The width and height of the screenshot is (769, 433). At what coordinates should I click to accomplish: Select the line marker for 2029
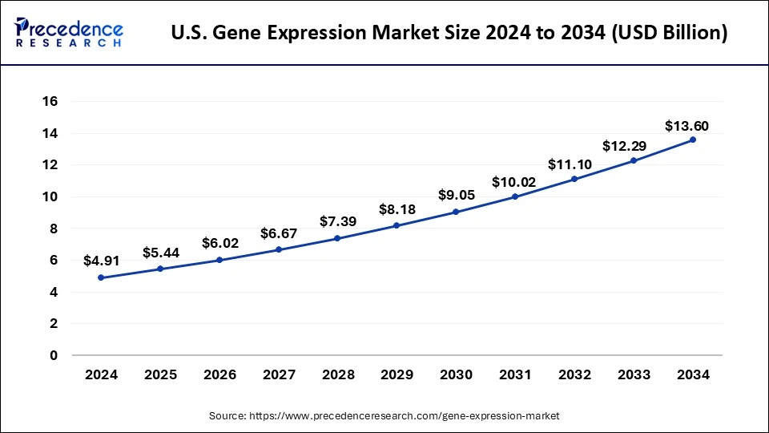click(397, 226)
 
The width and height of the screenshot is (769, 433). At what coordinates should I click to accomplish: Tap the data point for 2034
click(693, 140)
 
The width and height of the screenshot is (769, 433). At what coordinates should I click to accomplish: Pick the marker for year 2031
click(515, 196)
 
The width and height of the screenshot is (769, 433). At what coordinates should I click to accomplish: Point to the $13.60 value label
click(686, 126)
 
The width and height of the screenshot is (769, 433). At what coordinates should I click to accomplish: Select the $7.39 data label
click(337, 221)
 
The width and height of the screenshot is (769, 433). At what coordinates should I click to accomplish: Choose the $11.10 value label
click(568, 164)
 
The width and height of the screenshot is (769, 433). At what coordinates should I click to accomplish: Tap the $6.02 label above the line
click(219, 243)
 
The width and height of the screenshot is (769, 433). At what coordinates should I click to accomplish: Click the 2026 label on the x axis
click(219, 375)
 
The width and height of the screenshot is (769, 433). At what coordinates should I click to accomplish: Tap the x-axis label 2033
click(634, 375)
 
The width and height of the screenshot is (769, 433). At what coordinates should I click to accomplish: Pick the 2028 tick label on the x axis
click(337, 375)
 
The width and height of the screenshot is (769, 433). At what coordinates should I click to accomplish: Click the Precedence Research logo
click(69, 33)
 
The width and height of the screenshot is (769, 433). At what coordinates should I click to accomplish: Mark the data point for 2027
click(278, 249)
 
